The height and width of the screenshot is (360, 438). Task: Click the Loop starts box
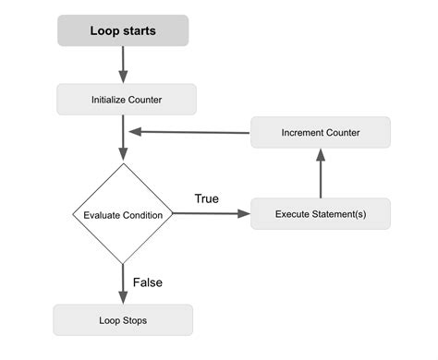tap(123, 30)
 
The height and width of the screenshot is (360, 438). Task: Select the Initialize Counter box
tap(127, 99)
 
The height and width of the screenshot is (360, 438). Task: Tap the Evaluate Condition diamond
tap(123, 214)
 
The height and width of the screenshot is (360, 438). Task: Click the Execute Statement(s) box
tap(320, 214)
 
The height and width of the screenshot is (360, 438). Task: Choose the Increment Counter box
tap(320, 133)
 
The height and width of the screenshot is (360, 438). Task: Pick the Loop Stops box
tap(123, 320)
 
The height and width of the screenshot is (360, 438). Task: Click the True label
tap(207, 198)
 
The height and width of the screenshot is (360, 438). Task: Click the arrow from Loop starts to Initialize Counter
tap(123, 65)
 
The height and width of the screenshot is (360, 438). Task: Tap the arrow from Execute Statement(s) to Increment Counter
tap(321, 174)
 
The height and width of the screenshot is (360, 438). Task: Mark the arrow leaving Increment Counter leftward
tap(189, 132)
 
